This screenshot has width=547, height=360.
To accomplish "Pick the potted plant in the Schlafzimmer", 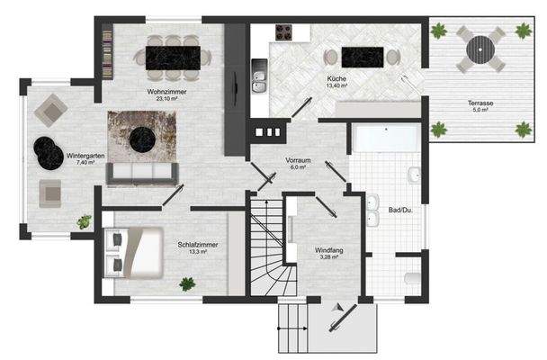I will (x=187, y=284).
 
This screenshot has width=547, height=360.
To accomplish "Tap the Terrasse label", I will (x=480, y=103).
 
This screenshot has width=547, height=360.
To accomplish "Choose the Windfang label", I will (x=328, y=250).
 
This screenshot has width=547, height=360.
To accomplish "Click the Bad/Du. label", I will (x=399, y=211).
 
